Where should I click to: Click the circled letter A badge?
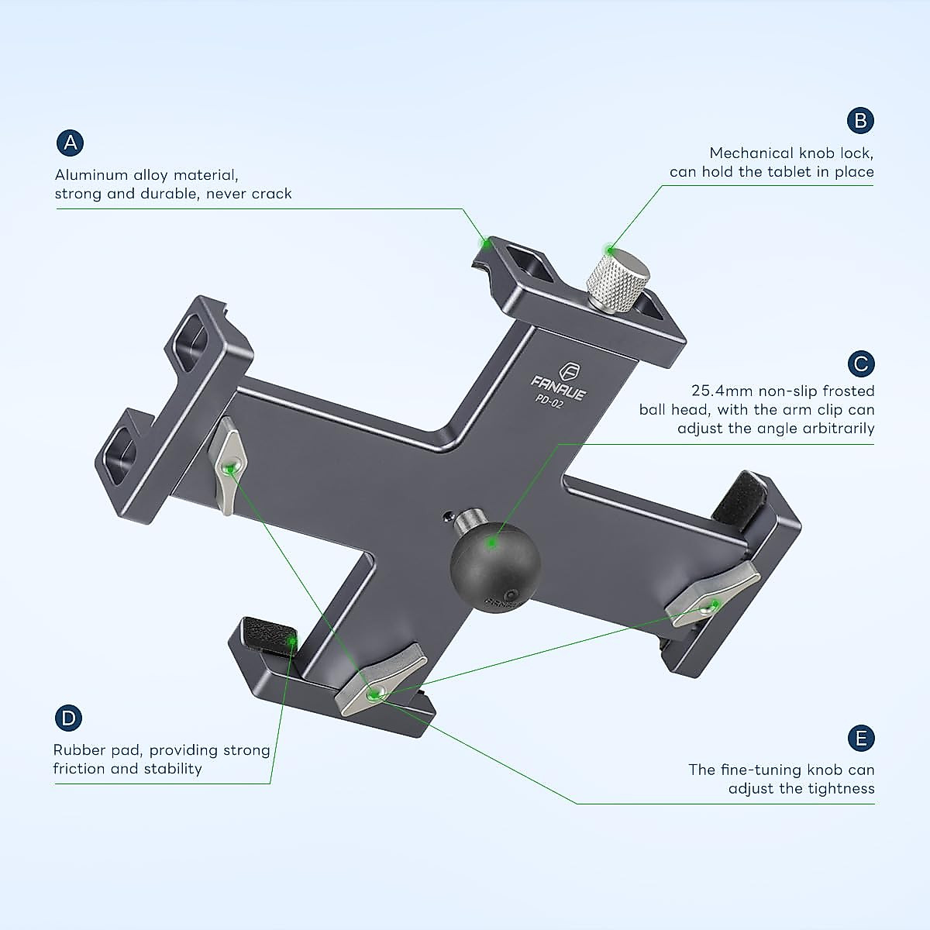pos(71,143)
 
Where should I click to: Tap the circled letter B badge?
pos(860,120)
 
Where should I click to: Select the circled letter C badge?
pos(860,363)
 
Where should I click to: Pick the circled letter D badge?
pos(68,718)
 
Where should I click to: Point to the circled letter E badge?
pos(860,738)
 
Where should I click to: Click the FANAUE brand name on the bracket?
pos(559,384)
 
